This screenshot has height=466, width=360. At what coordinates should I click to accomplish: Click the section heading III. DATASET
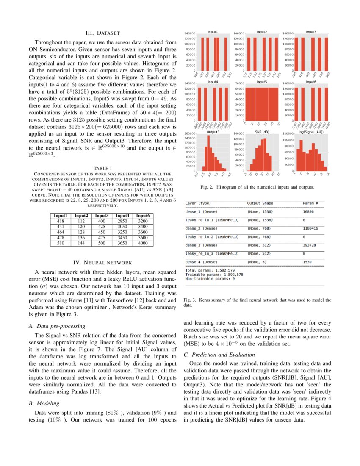102,33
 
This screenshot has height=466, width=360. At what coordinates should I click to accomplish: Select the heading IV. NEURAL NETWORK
102,262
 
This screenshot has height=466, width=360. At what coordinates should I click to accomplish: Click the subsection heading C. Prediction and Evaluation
219,354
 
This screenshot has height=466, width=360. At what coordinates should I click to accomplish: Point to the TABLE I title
102,168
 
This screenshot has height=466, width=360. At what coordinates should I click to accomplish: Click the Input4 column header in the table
123,216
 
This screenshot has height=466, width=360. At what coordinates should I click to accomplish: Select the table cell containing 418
60,221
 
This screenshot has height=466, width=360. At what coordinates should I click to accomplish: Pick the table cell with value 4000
143,243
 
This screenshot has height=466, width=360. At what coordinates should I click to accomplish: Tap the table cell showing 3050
123,227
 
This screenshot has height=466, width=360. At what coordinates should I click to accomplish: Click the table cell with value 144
81,243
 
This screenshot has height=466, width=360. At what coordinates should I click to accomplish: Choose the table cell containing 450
102,232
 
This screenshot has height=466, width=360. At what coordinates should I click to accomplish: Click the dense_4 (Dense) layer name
201,262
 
